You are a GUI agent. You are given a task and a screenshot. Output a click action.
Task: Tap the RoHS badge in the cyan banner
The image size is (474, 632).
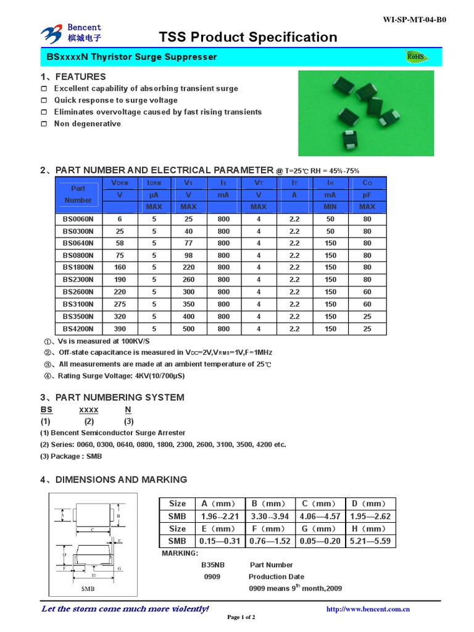click(x=415, y=57)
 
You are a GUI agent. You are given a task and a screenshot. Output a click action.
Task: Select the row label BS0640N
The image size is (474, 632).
click(x=78, y=243)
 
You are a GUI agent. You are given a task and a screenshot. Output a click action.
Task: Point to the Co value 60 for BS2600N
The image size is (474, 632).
click(x=367, y=292)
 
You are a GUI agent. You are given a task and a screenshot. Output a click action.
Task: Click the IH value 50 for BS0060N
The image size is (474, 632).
click(x=330, y=219)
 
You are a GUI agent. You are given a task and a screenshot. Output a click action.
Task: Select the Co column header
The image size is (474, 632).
click(x=367, y=183)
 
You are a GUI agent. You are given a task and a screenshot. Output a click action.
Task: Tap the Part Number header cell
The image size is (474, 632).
click(x=78, y=194)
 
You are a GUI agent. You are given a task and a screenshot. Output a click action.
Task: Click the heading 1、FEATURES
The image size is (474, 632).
click(x=73, y=77)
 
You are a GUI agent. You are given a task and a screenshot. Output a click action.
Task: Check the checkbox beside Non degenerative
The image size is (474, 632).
click(x=44, y=124)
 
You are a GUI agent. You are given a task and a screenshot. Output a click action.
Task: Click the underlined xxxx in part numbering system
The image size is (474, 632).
click(x=89, y=410)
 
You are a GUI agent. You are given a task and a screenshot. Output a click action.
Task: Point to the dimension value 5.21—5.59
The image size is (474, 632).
click(x=370, y=541)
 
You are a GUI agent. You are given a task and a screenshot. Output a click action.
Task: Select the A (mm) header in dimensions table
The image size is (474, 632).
click(x=220, y=504)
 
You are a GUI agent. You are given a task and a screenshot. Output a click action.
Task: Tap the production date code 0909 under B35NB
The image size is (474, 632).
click(x=212, y=576)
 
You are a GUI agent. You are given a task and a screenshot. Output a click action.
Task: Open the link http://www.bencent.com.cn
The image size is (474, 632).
click(x=368, y=609)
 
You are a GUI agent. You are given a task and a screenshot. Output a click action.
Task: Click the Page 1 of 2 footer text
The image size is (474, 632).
click(x=241, y=617)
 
